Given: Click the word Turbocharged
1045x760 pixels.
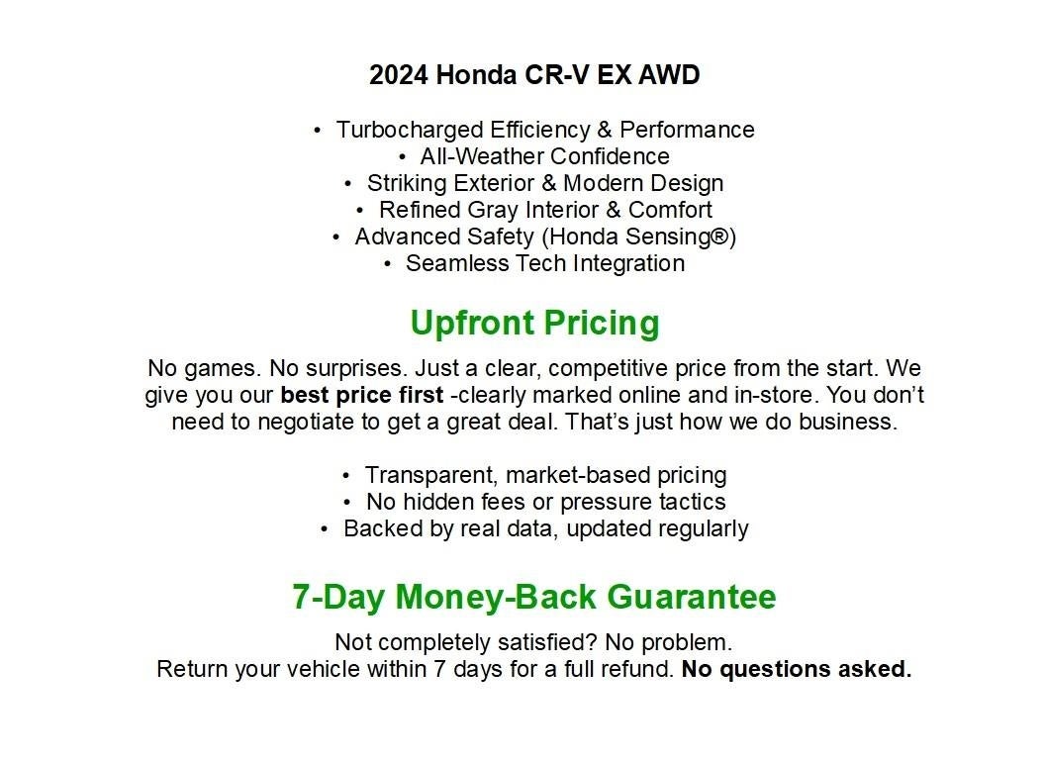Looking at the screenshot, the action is pos(410,130).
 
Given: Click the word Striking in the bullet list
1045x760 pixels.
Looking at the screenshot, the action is pos(406,183).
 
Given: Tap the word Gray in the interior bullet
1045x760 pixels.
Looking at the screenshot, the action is pos(493,210).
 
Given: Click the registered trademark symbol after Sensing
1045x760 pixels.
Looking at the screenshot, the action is pos(720,236).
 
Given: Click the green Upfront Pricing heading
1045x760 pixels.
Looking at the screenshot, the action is pos(534,324).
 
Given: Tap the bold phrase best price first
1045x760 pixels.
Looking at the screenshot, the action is pos(362,395).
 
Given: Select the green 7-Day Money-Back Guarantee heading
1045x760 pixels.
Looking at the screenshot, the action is pos(534,597).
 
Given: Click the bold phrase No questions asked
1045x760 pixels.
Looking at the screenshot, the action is pos(797,669).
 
